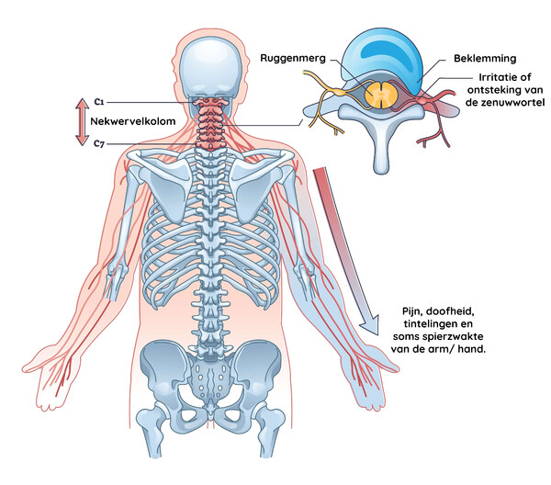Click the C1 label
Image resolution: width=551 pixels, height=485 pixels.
[99, 102]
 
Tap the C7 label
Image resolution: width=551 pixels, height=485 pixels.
[99, 143]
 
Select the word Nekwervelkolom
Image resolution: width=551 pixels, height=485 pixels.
[133, 121]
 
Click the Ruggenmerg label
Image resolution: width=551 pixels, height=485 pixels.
[293, 59]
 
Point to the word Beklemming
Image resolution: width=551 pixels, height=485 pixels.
[485, 59]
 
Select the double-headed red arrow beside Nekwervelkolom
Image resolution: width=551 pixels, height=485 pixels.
[82, 121]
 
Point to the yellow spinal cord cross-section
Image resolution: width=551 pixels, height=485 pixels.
[381, 95]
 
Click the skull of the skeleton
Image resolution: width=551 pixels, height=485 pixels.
[211, 72]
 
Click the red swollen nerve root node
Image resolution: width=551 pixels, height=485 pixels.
[422, 100]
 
